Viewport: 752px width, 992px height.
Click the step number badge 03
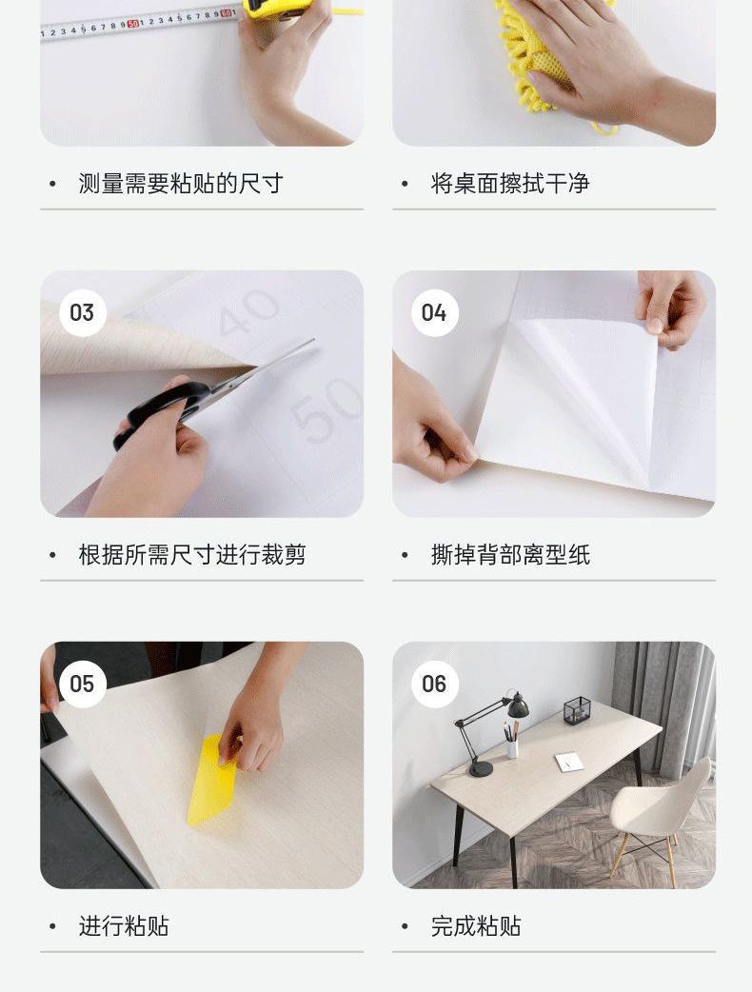click(x=82, y=312)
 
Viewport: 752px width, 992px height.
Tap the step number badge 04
click(x=434, y=312)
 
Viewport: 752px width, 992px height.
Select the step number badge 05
click(x=82, y=684)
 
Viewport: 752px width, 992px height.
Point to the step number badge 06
click(x=434, y=684)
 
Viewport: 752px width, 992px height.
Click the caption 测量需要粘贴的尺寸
click(x=181, y=184)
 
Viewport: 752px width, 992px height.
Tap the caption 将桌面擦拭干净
click(x=510, y=184)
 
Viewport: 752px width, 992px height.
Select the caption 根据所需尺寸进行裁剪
click(x=192, y=555)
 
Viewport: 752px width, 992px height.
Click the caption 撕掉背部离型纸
click(x=510, y=555)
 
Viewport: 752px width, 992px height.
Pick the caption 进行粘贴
click(x=124, y=926)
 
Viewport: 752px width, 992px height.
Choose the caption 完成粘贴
click(x=476, y=926)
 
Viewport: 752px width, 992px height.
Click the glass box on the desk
click(x=577, y=710)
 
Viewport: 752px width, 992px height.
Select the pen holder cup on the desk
click(x=512, y=747)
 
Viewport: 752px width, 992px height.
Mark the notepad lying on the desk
click(x=569, y=762)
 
